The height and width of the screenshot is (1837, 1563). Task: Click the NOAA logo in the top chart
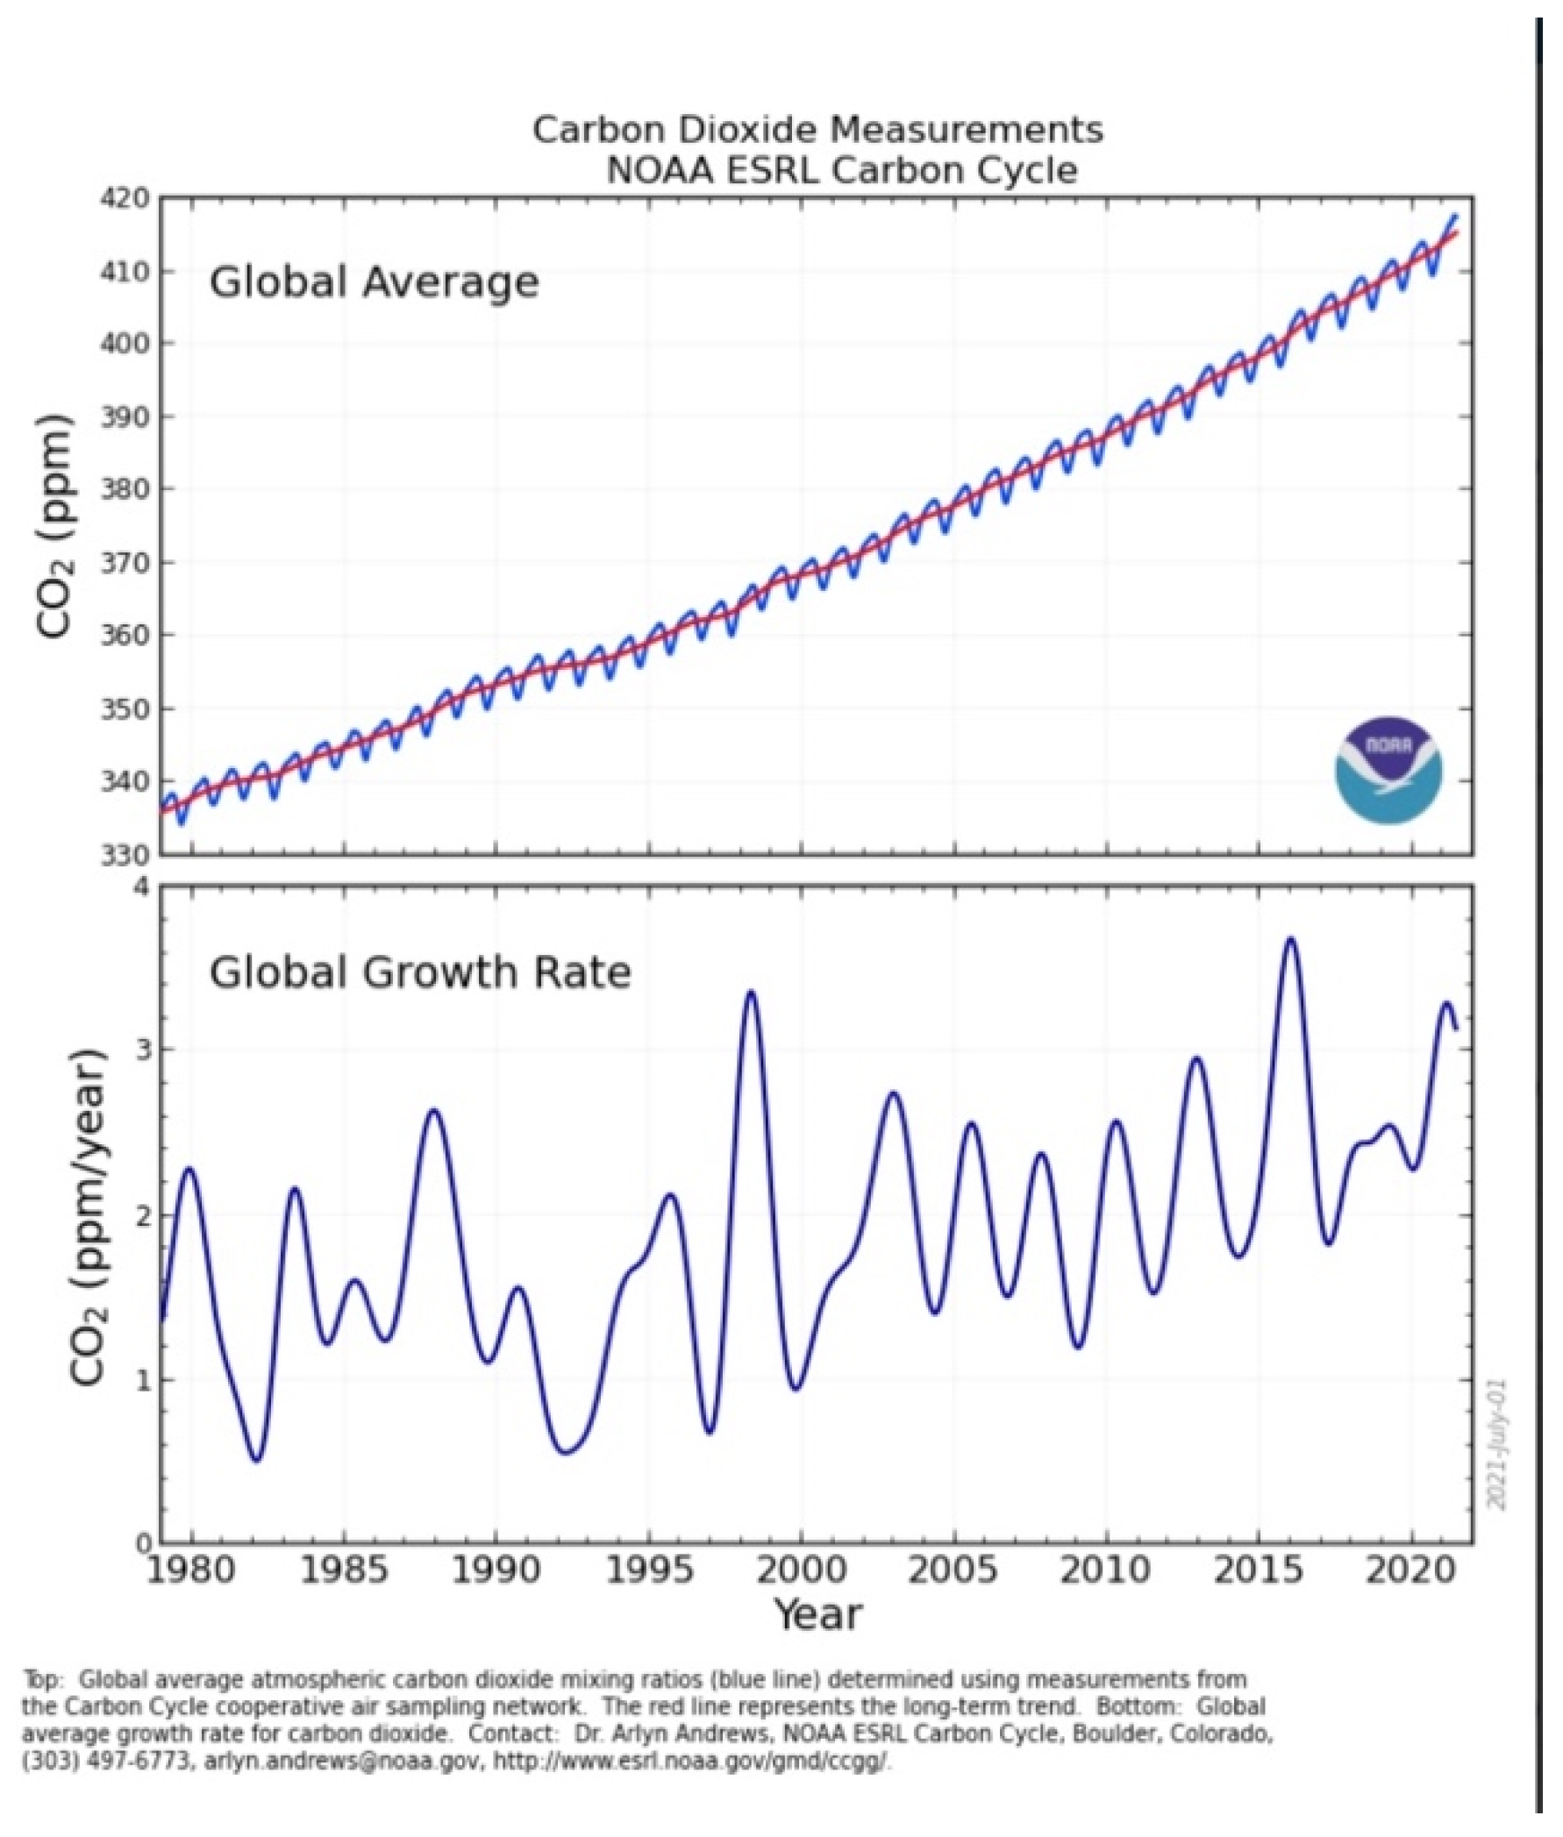point(1388,770)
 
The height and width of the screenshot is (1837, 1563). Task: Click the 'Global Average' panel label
point(374,282)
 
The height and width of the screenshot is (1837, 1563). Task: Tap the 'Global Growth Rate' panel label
point(420,972)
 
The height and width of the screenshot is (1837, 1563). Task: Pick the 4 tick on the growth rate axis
point(143,887)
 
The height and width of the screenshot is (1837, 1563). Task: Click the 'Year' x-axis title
point(817,1613)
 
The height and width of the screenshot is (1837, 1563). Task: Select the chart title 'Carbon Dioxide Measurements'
point(817,130)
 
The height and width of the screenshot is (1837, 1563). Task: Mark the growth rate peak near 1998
point(751,993)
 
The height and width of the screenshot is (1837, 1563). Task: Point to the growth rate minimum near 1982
point(257,1460)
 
